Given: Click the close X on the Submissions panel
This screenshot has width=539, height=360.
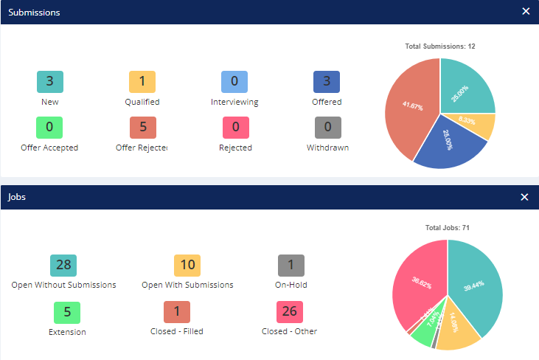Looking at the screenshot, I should point(525,12).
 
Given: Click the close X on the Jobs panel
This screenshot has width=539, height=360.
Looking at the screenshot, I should point(525,197).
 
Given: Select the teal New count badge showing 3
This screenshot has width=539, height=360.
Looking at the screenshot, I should point(49,82).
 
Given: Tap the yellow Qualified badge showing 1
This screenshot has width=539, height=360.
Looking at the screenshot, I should point(142,82).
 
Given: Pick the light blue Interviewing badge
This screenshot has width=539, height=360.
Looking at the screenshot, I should point(234,82).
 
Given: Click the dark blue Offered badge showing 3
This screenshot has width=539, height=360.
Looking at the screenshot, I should point(327,82).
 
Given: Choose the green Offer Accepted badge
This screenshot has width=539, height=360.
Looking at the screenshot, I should point(49,127).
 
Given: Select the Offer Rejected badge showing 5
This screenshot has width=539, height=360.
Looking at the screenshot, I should point(142,127).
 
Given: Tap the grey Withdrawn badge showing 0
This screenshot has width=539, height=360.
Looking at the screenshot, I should point(327,127).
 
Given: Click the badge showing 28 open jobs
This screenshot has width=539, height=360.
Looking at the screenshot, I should point(63,265).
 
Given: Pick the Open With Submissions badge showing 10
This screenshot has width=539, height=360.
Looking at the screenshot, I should point(187,265).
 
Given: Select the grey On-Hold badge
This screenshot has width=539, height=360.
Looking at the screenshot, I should point(291,265).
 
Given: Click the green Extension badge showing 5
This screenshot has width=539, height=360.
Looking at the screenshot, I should point(67,311).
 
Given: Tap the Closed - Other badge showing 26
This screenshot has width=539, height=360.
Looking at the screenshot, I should point(289,311).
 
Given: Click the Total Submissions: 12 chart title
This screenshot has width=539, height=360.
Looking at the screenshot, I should point(440,46).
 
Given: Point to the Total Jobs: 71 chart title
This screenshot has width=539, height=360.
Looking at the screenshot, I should point(447,228).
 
